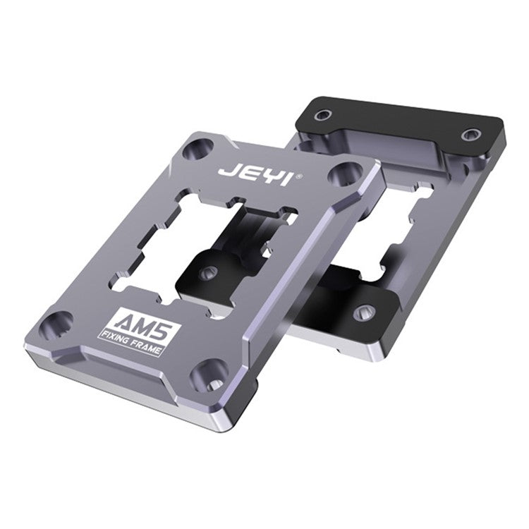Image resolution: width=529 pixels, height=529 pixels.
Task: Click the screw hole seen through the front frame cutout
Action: tap(207, 272)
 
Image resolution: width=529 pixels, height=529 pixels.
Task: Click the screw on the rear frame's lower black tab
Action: tap(363, 311)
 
